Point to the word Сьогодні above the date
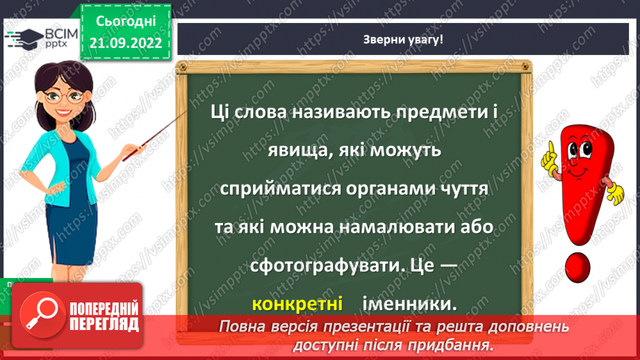point(124,22)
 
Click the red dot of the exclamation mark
point(577,268)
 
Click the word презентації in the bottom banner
point(355,327)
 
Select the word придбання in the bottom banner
point(445,344)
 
